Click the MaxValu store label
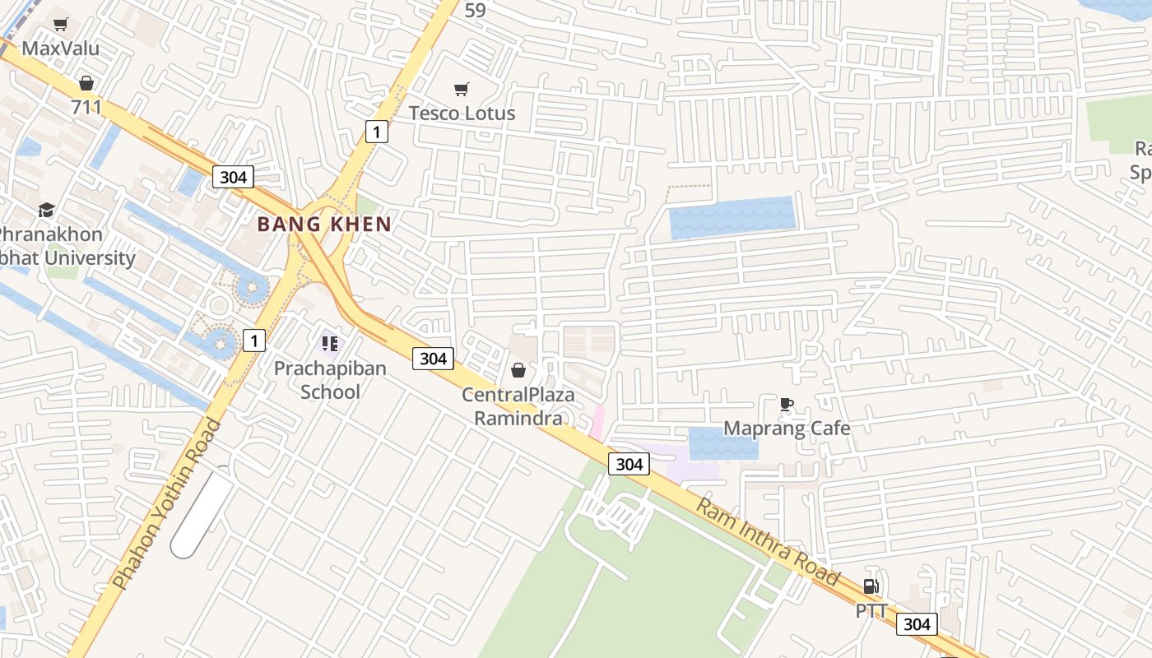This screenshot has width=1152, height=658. [60, 48]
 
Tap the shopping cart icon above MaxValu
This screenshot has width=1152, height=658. [60, 24]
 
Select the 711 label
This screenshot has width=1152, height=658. [86, 107]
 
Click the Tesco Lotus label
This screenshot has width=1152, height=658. [462, 114]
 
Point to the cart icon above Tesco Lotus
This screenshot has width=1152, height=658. [462, 89]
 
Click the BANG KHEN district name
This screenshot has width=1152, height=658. [324, 224]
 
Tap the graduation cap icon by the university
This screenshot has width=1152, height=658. [46, 210]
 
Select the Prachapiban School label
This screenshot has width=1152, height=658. [330, 379]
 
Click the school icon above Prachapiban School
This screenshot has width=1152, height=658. [330, 343]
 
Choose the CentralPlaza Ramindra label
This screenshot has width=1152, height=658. [518, 406]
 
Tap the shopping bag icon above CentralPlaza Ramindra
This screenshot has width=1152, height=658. [518, 370]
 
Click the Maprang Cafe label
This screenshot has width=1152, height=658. [787, 428]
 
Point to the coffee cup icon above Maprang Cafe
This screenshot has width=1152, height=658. [787, 404]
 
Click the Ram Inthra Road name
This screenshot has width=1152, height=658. [769, 541]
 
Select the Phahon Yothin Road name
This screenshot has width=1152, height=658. [167, 503]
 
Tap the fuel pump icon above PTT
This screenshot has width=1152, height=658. [871, 586]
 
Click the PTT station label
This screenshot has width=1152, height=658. [871, 611]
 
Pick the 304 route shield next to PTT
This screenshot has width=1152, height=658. [916, 624]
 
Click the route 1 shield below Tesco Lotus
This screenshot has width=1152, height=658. [376, 131]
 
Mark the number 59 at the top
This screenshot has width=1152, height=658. [476, 11]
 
